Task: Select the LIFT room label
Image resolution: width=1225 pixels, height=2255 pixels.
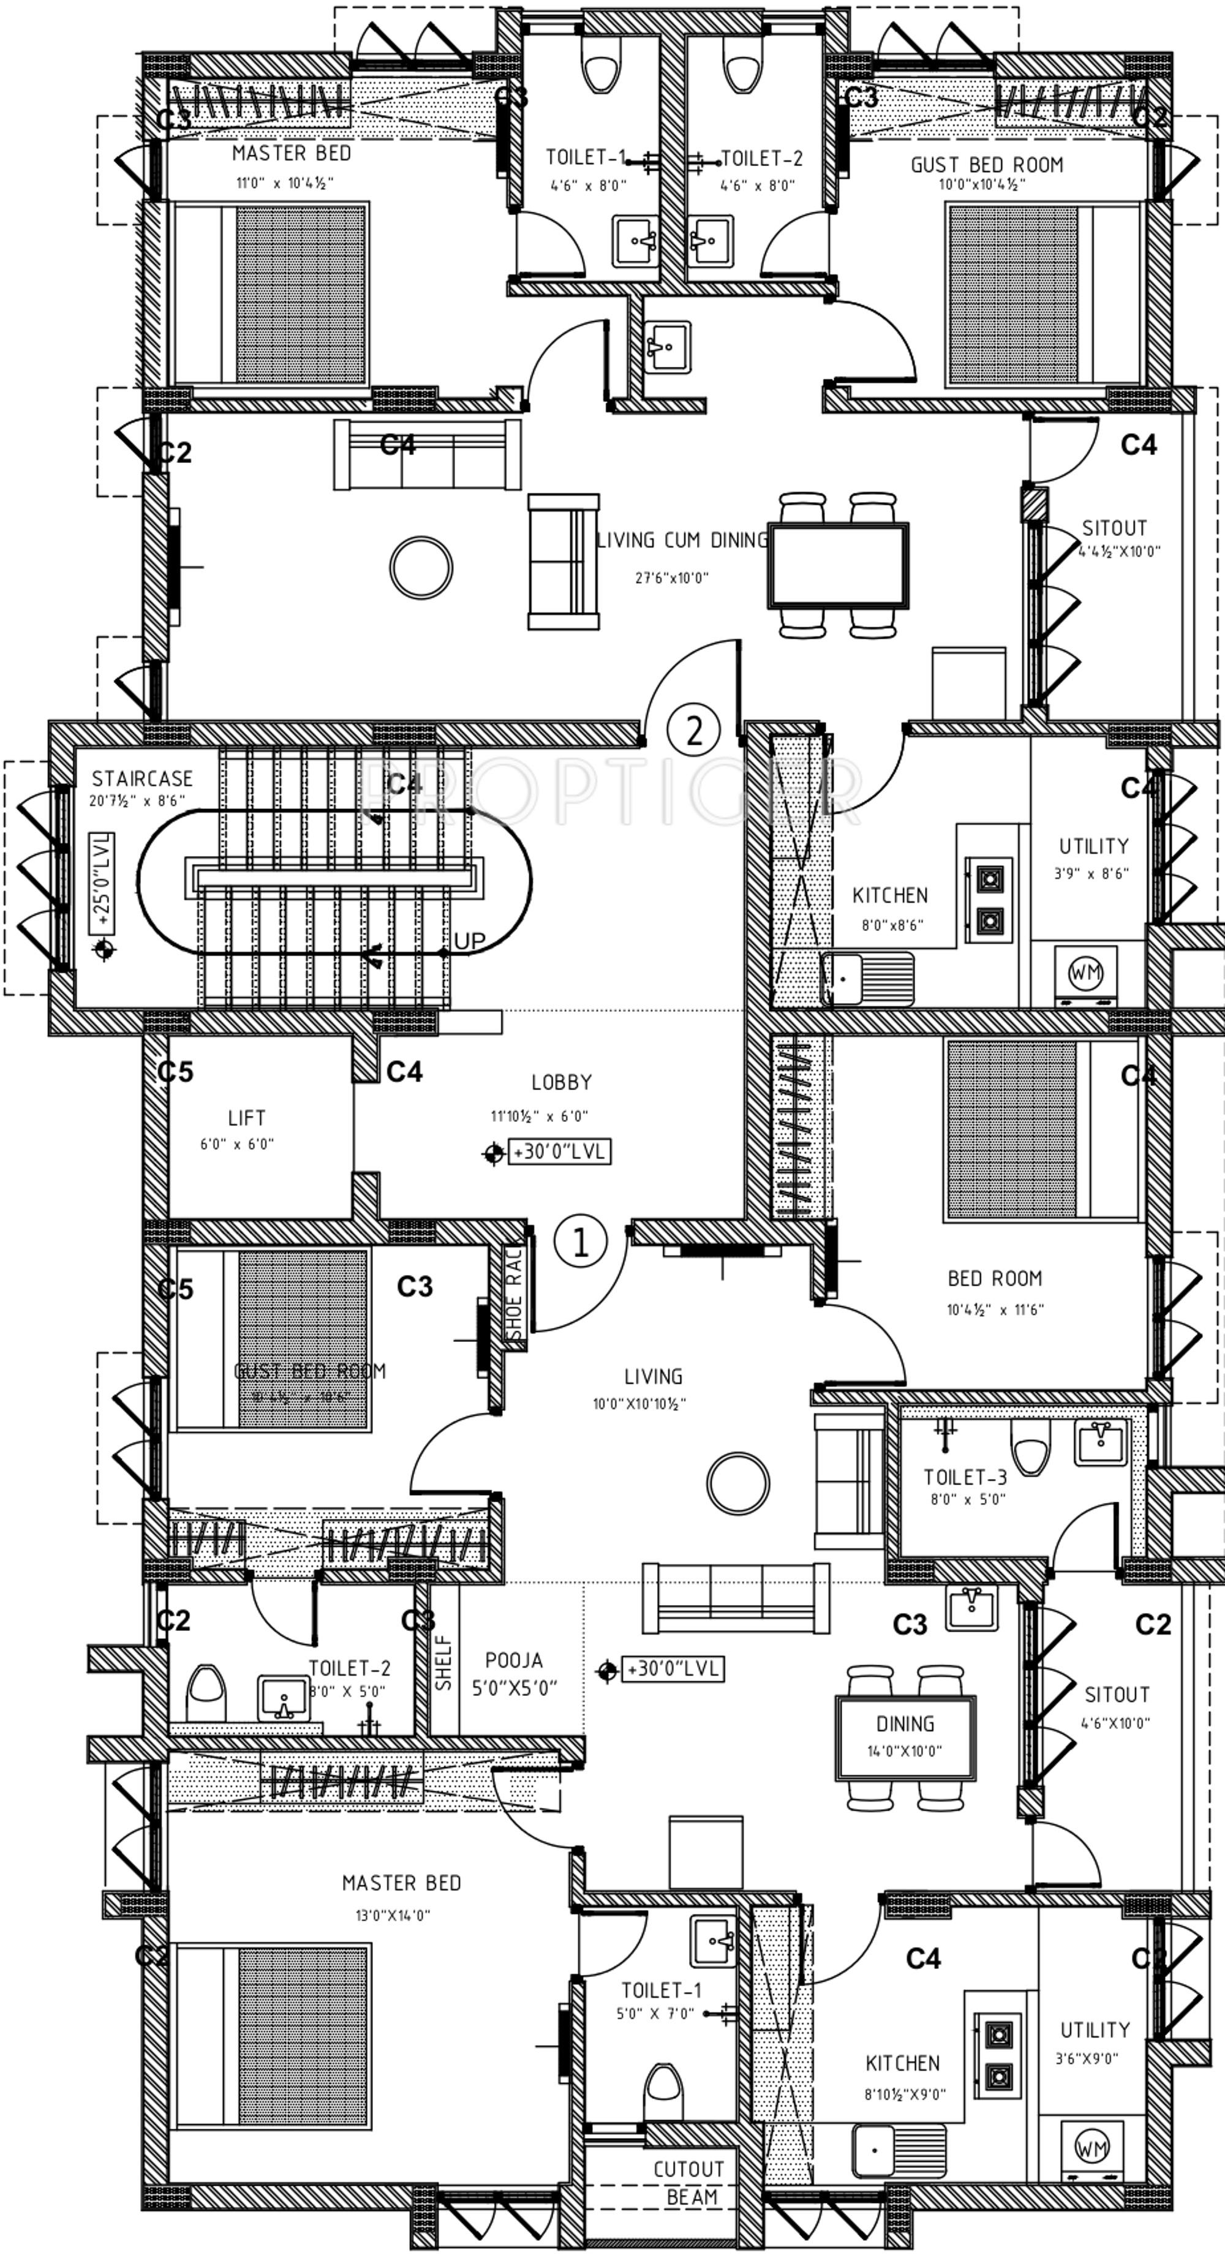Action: click(246, 1118)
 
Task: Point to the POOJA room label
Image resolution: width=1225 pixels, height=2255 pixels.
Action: click(514, 1660)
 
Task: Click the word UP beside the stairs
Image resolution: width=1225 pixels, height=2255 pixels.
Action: click(469, 941)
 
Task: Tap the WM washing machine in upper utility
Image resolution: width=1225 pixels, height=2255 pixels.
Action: click(1086, 973)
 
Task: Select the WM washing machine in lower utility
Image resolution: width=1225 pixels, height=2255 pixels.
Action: click(1091, 2147)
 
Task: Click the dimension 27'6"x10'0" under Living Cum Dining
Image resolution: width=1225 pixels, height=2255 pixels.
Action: click(671, 578)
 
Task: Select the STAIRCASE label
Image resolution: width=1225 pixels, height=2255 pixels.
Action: click(142, 778)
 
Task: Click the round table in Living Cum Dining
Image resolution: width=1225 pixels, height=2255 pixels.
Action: click(421, 567)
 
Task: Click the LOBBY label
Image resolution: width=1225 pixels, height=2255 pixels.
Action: click(561, 1082)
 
